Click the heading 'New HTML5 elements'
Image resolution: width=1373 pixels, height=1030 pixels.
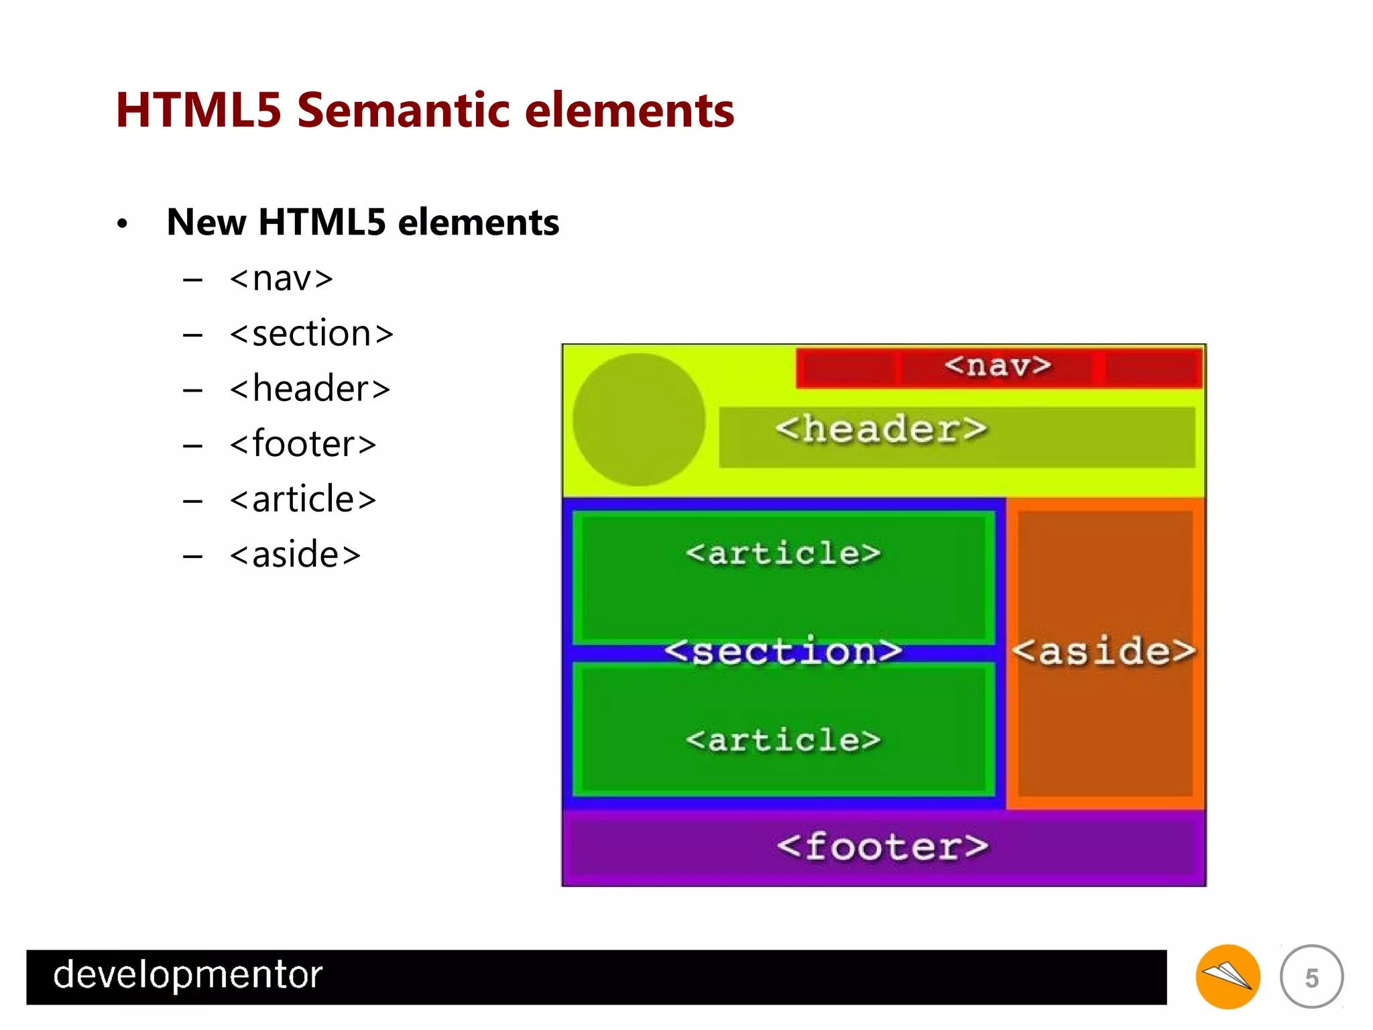pyautogui.click(x=363, y=222)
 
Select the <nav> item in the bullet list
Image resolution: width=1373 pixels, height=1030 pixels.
pyautogui.click(x=281, y=278)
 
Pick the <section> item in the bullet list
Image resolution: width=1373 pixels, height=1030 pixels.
pyautogui.click(x=311, y=334)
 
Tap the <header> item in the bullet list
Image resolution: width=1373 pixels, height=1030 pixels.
pyautogui.click(x=309, y=389)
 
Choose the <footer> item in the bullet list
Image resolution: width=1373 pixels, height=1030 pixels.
pyautogui.click(x=302, y=444)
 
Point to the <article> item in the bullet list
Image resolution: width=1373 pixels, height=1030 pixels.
pyautogui.click(x=302, y=500)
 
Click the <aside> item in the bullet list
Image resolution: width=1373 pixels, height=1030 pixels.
pyautogui.click(x=295, y=555)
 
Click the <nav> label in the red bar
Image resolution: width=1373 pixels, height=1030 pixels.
pyautogui.click(x=998, y=366)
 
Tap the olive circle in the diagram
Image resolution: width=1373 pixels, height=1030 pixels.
pyautogui.click(x=639, y=420)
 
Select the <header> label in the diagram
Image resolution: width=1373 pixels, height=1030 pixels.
pyautogui.click(x=881, y=429)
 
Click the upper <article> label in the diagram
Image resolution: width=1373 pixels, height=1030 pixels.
pyautogui.click(x=783, y=554)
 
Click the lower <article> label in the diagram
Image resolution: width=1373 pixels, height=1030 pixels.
pyautogui.click(x=783, y=740)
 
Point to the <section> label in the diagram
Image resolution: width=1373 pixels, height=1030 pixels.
pyautogui.click(x=783, y=651)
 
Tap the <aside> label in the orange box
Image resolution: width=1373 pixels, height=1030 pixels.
pyautogui.click(x=1103, y=651)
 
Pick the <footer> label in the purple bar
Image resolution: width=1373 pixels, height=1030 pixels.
pyautogui.click(x=882, y=846)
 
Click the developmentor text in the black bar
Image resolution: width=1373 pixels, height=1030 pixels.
pyautogui.click(x=188, y=975)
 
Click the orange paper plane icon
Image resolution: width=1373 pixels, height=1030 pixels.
pyautogui.click(x=1228, y=976)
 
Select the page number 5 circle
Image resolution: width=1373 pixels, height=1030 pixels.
pyautogui.click(x=1311, y=977)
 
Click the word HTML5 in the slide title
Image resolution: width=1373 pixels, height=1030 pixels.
pyautogui.click(x=198, y=110)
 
